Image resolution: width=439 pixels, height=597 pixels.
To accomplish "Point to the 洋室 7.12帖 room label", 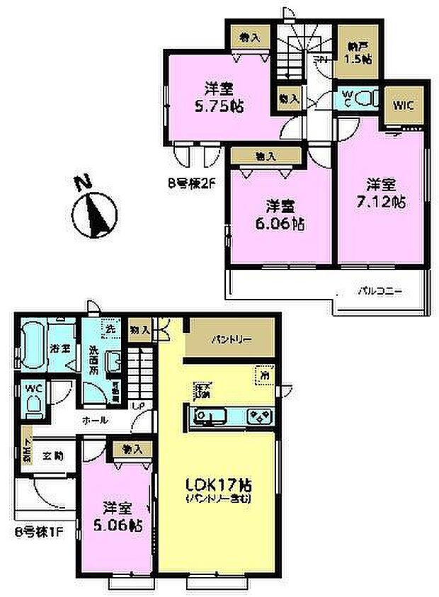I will coord(385,193).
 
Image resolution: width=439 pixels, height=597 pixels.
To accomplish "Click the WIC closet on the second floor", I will coord(404,106).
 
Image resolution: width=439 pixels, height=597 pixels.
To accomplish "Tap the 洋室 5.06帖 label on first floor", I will coord(118,517).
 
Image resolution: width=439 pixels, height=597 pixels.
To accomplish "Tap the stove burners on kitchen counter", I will coord(256,415).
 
